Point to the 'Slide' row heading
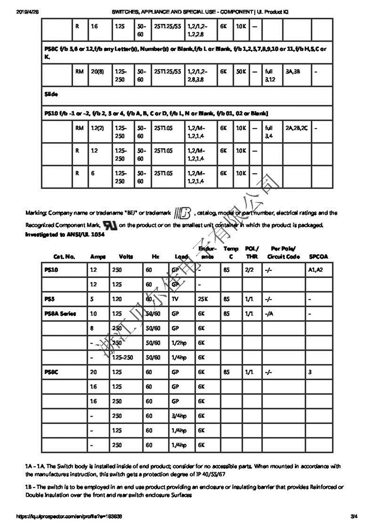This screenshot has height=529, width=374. (x=51, y=94)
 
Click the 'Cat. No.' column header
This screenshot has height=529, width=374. (x=64, y=256)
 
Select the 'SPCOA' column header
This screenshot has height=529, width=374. (x=319, y=256)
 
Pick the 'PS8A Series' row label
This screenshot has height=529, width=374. (x=60, y=313)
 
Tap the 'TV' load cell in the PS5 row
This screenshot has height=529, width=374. (x=175, y=299)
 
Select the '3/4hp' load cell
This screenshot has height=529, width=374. (x=179, y=416)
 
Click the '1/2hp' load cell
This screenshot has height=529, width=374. (x=179, y=342)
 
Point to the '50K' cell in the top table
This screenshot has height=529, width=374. (x=241, y=71)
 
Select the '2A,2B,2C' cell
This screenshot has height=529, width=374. (x=296, y=128)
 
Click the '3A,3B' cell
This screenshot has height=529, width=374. (x=293, y=71)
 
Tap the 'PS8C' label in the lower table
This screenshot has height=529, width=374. (x=51, y=372)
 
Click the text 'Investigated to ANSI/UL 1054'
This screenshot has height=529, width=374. (x=65, y=234)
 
